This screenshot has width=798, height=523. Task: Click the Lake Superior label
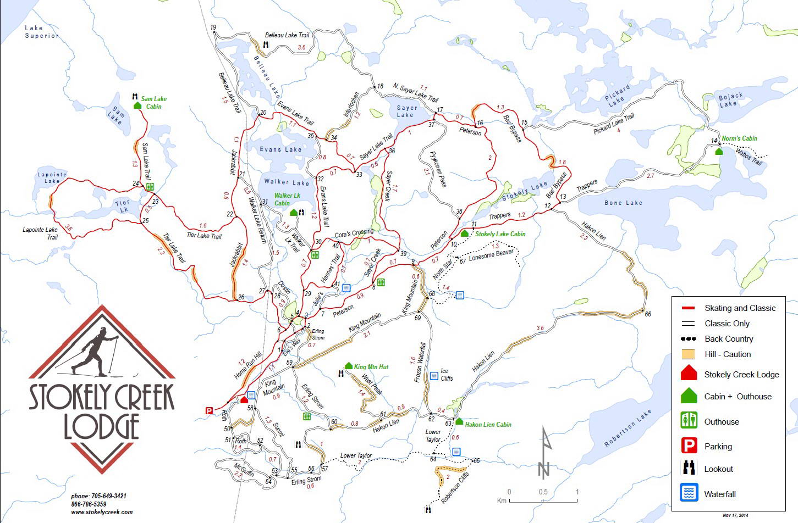(41, 32)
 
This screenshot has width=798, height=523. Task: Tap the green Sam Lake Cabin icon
(137, 105)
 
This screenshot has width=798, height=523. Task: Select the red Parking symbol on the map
(209, 410)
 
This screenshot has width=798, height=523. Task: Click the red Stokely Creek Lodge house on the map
(244, 399)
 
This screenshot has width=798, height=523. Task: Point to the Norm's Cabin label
(739, 138)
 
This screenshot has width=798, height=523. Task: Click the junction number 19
(213, 27)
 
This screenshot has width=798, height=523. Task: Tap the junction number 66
(648, 314)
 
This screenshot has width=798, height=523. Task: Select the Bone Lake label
(623, 203)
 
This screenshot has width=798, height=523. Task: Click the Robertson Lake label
(628, 428)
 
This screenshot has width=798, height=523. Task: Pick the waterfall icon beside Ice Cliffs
(434, 376)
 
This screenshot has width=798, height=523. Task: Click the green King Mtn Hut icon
(349, 366)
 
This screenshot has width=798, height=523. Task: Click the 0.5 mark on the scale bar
(543, 492)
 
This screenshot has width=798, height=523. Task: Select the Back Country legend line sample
(688, 339)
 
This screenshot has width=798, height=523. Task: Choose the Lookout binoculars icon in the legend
(689, 469)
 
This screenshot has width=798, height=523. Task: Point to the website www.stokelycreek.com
(102, 512)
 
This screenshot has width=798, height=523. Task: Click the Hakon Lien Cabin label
(488, 425)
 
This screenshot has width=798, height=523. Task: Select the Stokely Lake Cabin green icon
(464, 233)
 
